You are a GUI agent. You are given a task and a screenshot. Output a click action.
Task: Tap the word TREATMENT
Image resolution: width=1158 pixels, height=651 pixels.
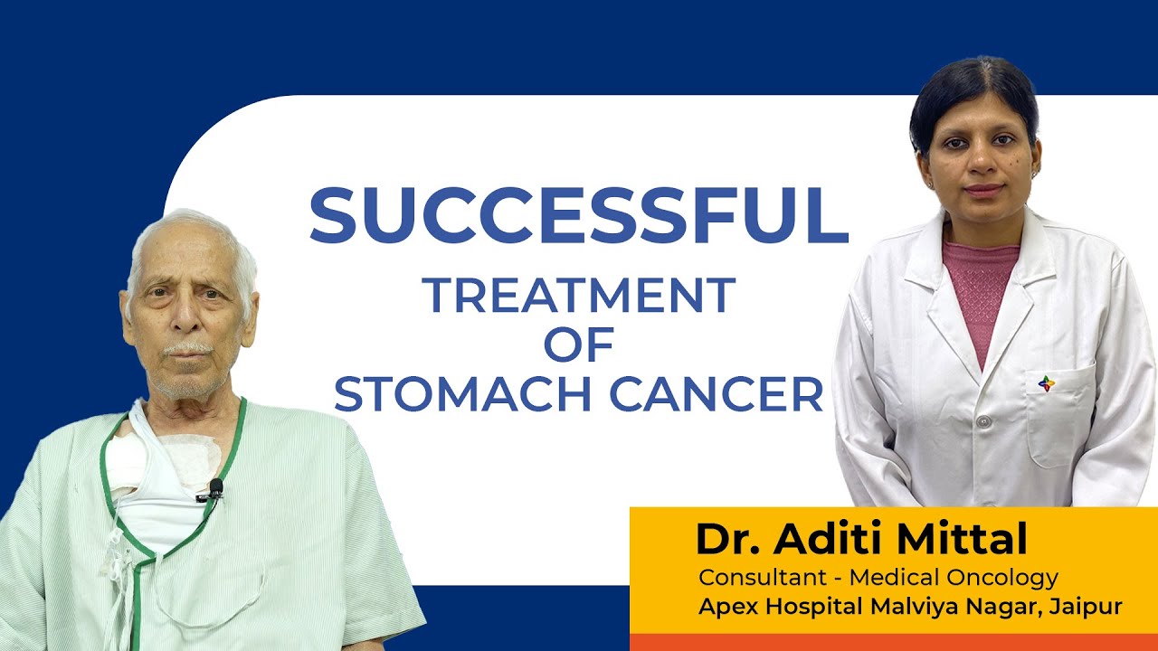click(579, 297)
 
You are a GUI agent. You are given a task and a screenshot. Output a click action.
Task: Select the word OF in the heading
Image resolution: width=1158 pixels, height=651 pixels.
click(579, 345)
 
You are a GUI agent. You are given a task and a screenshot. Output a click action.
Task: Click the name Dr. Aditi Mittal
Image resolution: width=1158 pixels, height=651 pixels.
click(861, 540)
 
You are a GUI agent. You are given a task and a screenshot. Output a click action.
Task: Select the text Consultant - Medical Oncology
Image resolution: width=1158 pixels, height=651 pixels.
click(878, 577)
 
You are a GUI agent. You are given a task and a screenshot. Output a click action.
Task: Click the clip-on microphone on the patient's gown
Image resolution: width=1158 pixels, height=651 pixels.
click(214, 489)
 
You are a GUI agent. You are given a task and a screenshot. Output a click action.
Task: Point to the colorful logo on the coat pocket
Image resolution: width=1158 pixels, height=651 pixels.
click(1046, 383)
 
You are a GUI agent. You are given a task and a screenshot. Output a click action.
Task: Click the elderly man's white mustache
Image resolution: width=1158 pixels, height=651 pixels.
click(188, 348)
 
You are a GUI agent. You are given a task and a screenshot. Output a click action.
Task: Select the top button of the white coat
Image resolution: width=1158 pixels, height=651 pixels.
click(983, 422)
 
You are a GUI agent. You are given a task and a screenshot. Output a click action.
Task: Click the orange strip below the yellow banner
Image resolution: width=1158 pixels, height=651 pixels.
click(893, 642)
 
